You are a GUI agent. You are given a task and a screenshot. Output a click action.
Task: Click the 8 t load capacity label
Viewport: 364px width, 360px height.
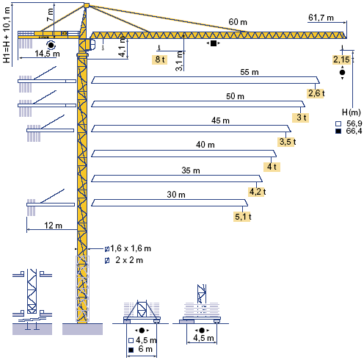click(x=160, y=60)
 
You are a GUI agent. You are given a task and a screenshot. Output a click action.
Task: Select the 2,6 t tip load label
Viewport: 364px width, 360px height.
click(x=316, y=93)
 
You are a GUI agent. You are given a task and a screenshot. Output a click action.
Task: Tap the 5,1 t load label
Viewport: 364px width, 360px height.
click(x=243, y=217)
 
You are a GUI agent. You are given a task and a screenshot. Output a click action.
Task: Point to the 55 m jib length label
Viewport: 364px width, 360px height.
click(x=250, y=72)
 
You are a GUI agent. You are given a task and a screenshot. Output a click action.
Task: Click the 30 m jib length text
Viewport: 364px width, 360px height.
click(x=176, y=195)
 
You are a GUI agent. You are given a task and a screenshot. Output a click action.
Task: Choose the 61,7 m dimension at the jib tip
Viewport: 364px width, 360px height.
click(x=321, y=18)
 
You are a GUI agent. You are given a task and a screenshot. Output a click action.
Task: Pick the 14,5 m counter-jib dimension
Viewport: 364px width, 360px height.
click(x=47, y=54)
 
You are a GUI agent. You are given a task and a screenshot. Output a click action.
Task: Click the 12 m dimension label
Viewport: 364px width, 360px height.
click(x=53, y=226)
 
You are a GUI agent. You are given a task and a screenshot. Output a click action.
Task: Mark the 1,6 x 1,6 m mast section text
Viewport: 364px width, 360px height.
click(x=131, y=248)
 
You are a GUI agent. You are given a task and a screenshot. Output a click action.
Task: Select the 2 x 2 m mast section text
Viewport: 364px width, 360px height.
click(x=129, y=260)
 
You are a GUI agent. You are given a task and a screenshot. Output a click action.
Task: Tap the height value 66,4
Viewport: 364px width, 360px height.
click(x=354, y=132)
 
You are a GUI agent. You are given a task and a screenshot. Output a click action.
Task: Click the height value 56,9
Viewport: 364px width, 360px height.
click(x=354, y=123)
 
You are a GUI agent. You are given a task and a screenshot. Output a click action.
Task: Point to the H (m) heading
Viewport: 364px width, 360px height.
click(x=352, y=112)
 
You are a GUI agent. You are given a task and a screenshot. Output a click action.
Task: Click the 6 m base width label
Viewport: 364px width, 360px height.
click(x=145, y=349)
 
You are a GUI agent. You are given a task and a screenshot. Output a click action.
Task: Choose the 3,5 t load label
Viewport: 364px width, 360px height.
click(x=288, y=142)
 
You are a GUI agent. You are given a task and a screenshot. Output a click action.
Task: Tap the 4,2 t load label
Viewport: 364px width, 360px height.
click(x=258, y=192)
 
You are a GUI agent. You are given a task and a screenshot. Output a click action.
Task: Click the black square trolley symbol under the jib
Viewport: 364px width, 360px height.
click(x=214, y=43)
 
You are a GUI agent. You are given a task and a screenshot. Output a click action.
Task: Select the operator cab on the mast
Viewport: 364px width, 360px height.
click(x=92, y=44)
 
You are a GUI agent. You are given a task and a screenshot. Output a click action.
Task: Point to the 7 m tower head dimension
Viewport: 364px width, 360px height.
click(x=50, y=15)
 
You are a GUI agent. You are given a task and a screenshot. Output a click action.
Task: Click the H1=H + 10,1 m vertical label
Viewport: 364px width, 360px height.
click(x=7, y=35)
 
